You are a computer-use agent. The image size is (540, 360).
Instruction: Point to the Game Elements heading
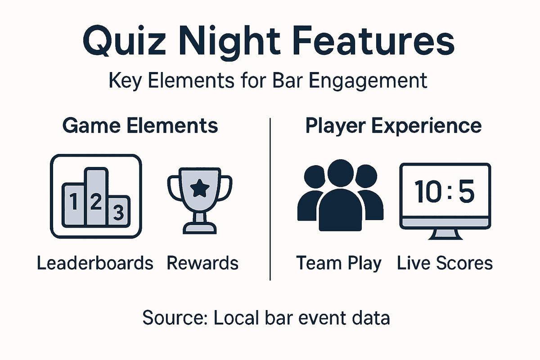140,126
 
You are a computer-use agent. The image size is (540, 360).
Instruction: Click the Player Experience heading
393,126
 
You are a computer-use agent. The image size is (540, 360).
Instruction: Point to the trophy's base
198,227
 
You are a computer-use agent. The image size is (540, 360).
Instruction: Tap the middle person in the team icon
340,198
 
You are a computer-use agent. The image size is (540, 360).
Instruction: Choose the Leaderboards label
95,263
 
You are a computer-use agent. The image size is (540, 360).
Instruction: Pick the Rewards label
202,263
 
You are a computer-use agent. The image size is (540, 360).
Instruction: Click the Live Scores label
445,263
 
